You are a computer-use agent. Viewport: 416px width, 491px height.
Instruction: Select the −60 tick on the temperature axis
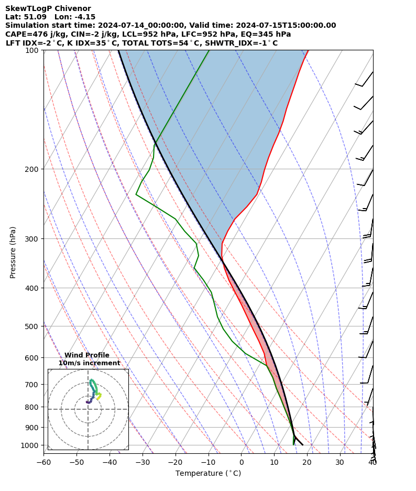tap(43, 462)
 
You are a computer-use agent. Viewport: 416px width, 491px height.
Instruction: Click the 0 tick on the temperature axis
tap(242, 462)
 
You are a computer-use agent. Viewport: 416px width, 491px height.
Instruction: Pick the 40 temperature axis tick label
tap(373, 462)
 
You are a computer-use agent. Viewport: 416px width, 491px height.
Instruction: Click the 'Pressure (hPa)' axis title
tap(13, 252)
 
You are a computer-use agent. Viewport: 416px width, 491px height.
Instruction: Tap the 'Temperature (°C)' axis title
tap(208, 474)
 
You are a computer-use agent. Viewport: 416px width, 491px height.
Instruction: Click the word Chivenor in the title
tap(71, 9)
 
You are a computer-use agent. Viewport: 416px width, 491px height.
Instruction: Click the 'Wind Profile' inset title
tap(87, 355)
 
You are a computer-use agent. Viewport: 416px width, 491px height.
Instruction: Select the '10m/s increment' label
tap(89, 363)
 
